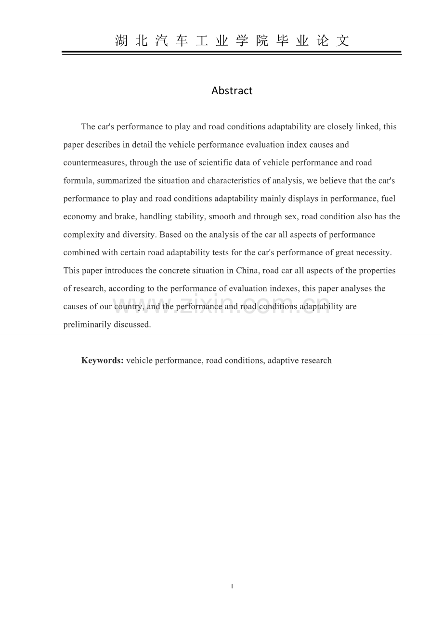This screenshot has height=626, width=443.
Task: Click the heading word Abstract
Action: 232,90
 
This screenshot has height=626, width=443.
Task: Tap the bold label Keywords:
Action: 103,360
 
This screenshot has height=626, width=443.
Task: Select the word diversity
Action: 139,235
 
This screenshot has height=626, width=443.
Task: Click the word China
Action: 248,270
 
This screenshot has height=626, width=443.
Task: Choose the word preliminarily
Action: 87,324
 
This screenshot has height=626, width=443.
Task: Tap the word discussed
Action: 132,324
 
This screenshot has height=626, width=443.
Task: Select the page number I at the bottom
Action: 232,586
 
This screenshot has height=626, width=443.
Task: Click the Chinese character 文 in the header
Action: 342,41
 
